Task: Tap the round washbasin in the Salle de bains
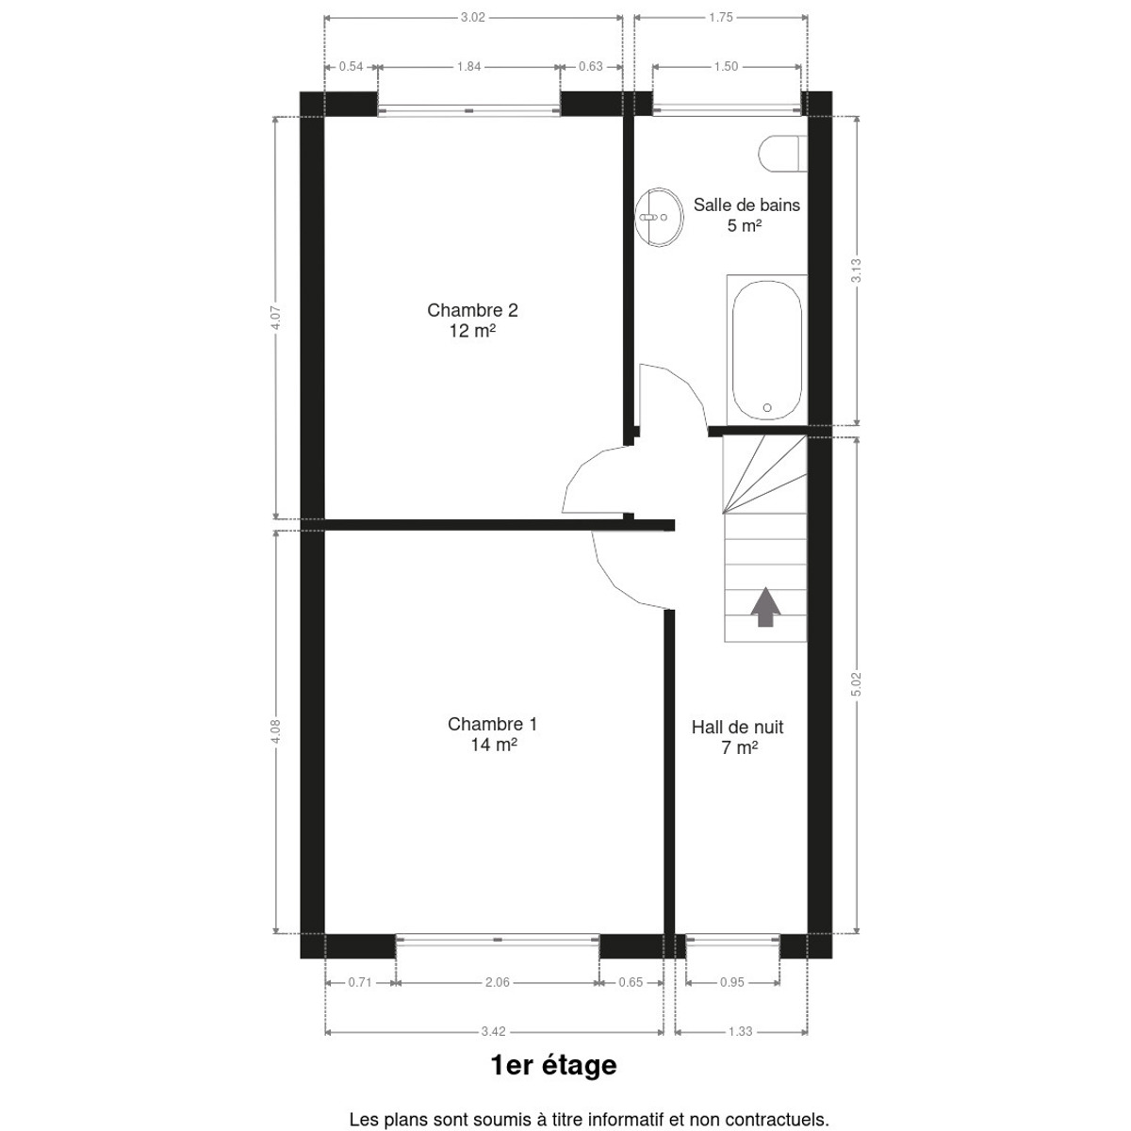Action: point(659,217)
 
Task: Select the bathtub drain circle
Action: point(766,407)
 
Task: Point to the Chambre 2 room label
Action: point(472,320)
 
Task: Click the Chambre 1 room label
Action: point(492,733)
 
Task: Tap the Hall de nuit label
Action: point(738,737)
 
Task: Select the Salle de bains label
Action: point(746,215)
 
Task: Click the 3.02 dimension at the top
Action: point(472,18)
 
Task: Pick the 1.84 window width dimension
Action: point(469,67)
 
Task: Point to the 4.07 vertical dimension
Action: point(276,318)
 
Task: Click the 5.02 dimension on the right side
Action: point(857,684)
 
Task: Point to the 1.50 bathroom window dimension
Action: point(726,67)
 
